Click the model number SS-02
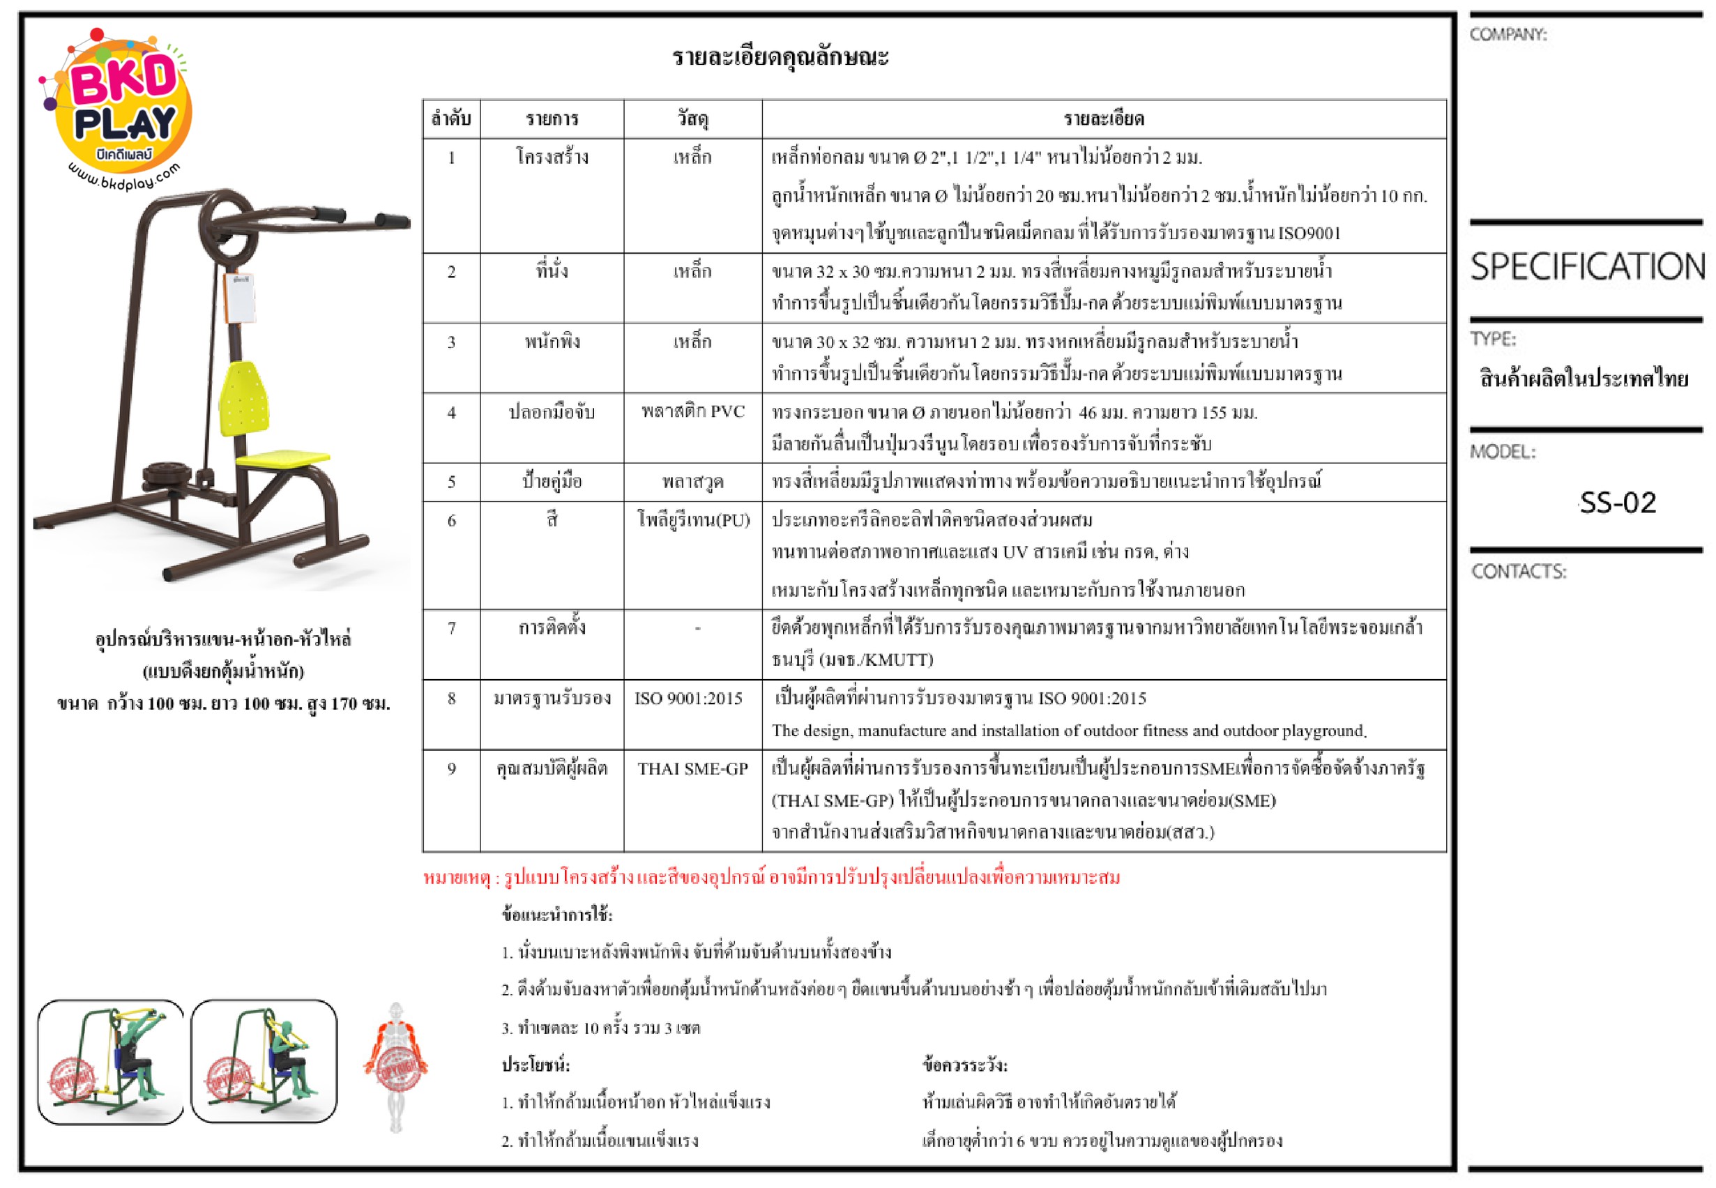(x=1617, y=503)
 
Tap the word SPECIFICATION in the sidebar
(x=1587, y=266)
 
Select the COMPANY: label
(x=1508, y=34)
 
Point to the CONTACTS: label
(x=1518, y=572)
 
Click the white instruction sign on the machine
(x=240, y=298)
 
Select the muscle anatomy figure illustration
(x=395, y=1067)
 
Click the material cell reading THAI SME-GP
(x=692, y=769)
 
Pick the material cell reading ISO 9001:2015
(x=689, y=698)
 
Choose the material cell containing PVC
(x=693, y=411)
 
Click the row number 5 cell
(x=451, y=482)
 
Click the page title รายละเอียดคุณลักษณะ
(x=780, y=56)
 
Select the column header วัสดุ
(x=692, y=119)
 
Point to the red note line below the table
(x=771, y=878)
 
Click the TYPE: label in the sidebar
(x=1493, y=340)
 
